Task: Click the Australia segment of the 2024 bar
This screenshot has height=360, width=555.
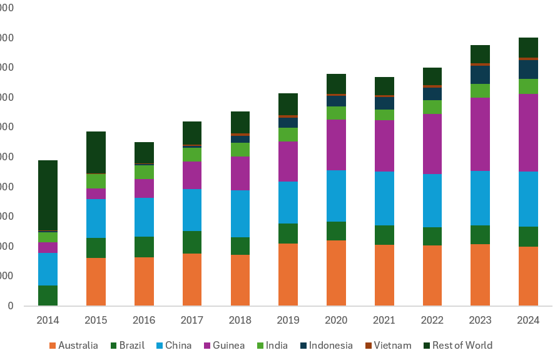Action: coord(528,275)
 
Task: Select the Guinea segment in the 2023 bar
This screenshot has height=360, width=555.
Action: coord(480,134)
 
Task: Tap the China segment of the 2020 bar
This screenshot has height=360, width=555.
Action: coord(336,195)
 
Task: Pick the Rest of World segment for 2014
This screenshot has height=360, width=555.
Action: coord(48,195)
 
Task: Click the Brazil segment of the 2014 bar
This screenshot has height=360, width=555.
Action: coord(48,296)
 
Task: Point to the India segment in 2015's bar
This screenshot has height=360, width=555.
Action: coord(96,181)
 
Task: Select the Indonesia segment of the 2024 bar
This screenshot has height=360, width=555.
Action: coord(528,69)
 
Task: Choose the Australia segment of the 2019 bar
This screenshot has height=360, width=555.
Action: coord(288,274)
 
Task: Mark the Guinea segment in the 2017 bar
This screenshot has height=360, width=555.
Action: coord(192,175)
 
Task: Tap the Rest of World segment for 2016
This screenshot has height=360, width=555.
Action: coord(144,153)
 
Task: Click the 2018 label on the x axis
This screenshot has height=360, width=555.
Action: coord(240,321)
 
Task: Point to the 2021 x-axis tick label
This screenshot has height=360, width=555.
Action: coord(384,321)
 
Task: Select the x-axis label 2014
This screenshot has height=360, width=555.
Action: coord(48,321)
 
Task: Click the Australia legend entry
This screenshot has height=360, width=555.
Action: coord(78,346)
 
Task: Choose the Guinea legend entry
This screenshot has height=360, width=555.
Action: coord(228,346)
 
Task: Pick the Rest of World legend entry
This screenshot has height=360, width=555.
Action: coord(462,346)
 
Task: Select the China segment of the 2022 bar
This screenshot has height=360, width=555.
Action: coord(432,200)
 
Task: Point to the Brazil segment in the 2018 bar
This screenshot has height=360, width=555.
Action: coord(240,245)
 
